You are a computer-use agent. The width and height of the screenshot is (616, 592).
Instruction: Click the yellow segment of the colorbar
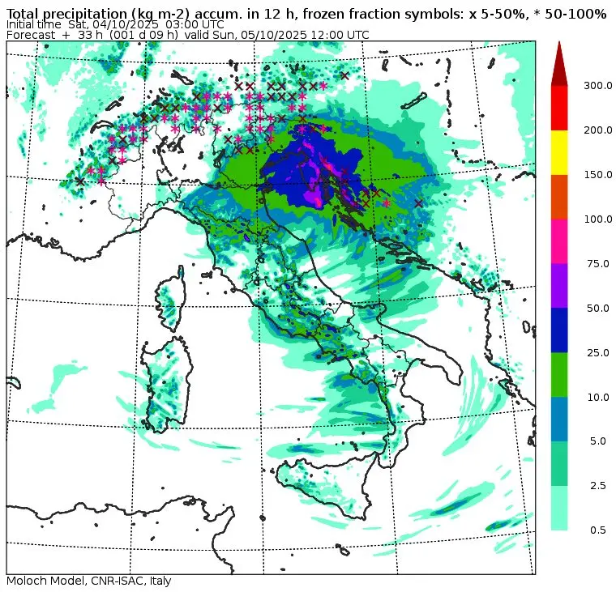559,152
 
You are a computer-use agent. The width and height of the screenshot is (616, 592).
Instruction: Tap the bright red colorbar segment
559,108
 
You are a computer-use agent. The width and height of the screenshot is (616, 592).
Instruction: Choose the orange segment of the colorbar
559,197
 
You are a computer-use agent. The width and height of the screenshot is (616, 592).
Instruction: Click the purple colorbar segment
559,285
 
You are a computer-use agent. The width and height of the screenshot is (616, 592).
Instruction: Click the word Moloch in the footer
26,581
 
